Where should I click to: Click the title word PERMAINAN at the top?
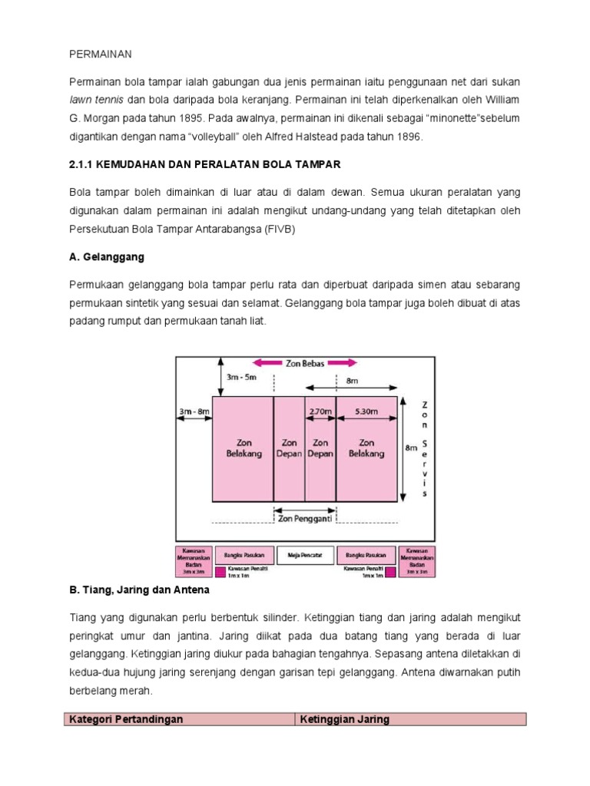[x=101, y=54]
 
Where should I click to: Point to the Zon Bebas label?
[x=306, y=363]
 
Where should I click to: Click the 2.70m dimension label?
[x=320, y=411]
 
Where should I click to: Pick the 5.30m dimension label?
[x=366, y=411]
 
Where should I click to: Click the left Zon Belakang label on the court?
[x=244, y=447]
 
